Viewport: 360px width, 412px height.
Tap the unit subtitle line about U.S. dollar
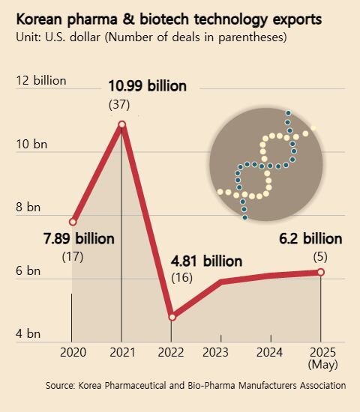152,36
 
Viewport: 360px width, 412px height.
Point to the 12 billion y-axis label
41,80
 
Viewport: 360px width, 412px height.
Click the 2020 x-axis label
73,352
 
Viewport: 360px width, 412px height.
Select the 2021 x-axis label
121,352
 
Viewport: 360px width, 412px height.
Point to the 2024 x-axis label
270,352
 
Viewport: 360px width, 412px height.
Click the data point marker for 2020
73,222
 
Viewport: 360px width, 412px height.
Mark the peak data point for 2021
121,124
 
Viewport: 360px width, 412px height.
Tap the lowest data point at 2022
172,317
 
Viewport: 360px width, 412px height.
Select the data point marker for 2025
321,272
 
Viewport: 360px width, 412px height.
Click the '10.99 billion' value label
146,86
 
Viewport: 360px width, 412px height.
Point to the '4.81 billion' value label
206,261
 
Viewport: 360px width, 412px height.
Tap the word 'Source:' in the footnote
59,385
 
